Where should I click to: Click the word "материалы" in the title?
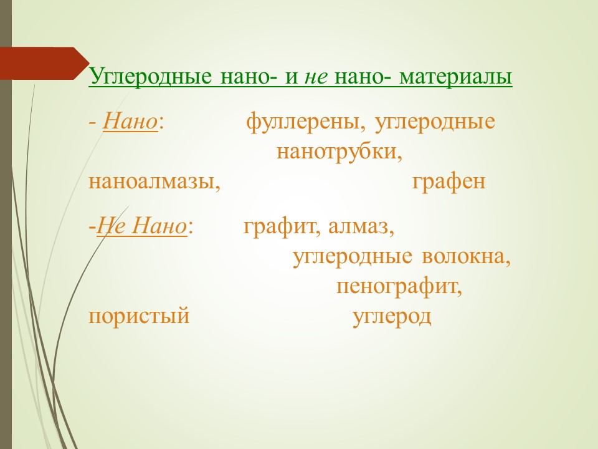pos(455,77)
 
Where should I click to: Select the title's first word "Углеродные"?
pos(150,77)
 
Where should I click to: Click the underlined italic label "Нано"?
pos(130,122)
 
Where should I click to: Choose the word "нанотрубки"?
pos(339,152)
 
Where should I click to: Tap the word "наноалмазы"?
pos(154,182)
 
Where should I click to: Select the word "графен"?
pos(448,181)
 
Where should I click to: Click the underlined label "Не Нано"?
pos(141,226)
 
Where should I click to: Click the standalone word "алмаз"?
pos(361,226)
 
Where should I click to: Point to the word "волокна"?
pos(466,256)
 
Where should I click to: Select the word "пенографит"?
pos(399,287)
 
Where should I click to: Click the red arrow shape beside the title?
pos(44,64)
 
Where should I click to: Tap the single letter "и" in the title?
pos(291,77)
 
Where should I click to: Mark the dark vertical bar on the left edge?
pos(6,224)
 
